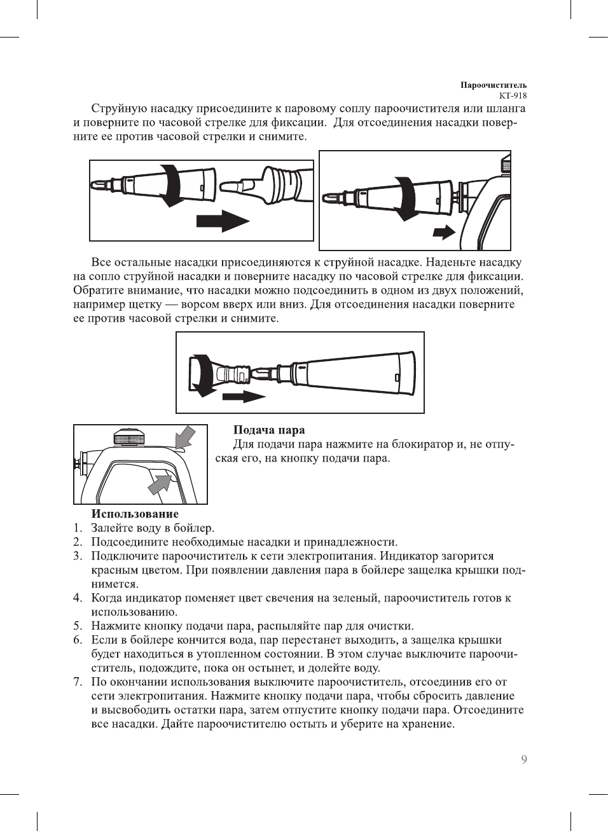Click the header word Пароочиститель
point(494,85)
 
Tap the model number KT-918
point(513,96)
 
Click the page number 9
point(524,759)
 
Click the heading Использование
point(135,514)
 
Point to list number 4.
point(77,598)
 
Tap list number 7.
point(77,682)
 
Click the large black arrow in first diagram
point(222,222)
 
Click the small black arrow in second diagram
point(444,231)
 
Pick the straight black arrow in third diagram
point(244,397)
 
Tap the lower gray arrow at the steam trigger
point(160,484)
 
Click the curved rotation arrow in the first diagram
point(170,184)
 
